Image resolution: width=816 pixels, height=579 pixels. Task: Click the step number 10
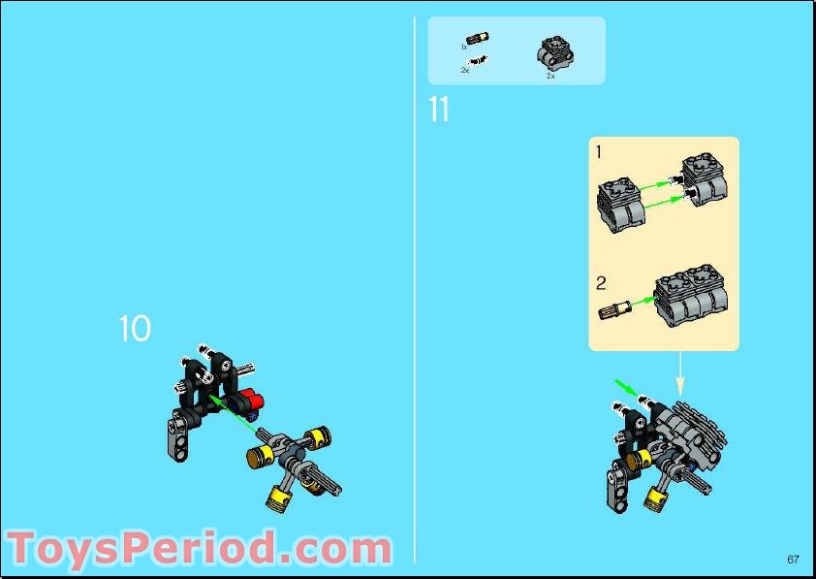pos(135,329)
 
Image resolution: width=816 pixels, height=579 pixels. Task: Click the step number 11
pos(439,111)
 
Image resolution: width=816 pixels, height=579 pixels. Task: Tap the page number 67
pos(793,559)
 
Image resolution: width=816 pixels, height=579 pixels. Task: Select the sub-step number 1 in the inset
pos(599,151)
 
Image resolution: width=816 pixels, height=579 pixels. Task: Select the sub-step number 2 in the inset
pos(601,284)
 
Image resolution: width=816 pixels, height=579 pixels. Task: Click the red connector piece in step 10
pos(254,399)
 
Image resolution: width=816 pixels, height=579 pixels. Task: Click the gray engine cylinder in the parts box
pos(551,52)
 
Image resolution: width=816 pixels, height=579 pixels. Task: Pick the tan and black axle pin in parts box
pos(478,41)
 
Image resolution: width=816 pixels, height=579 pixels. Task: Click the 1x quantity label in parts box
pos(463,47)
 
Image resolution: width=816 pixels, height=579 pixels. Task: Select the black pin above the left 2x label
pos(479,61)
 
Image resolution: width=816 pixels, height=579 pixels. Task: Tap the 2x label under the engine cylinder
pos(550,76)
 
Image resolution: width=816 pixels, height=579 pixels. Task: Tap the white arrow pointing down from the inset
pos(679,370)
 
